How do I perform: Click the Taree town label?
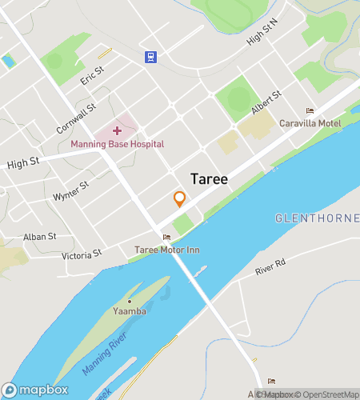210,179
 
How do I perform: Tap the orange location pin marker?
180,198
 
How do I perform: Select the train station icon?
150,56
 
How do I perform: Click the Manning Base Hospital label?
117,144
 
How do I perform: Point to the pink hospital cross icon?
118,130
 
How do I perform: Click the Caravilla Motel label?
310,123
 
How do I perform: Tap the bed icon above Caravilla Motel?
310,110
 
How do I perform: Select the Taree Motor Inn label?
166,250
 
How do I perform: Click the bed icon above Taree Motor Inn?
166,237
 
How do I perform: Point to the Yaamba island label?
130,310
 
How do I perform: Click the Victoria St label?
82,254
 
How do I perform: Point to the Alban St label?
39,237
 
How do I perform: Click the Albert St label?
266,102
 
